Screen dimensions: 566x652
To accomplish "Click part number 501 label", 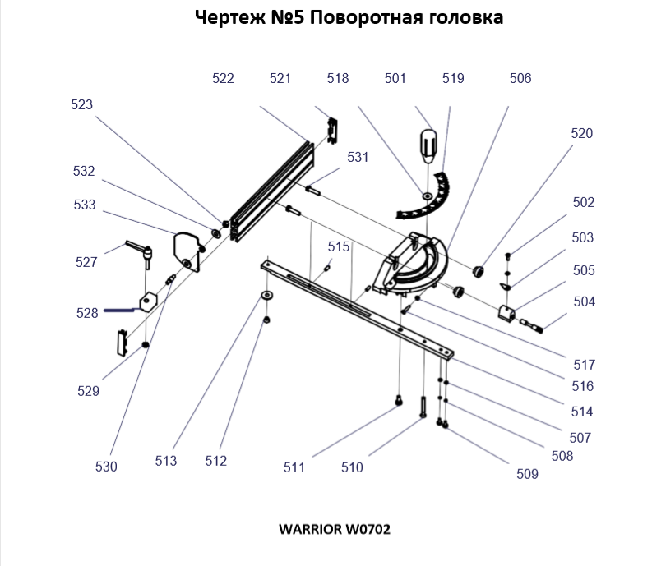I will point(395,79).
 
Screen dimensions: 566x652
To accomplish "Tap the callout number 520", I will point(581,133).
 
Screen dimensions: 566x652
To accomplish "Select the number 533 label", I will point(85,205).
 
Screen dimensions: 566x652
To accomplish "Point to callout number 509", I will point(527,474).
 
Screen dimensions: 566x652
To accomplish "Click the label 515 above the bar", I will point(339,246).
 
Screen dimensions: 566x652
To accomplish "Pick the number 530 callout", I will point(106,467).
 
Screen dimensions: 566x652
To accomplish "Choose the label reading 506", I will point(520,79).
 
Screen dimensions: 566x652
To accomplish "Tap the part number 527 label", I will point(86,263).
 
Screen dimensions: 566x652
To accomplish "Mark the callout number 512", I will point(216,462).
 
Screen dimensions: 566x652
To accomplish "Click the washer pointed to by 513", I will point(268,295).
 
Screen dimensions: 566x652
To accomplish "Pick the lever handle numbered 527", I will point(139,252).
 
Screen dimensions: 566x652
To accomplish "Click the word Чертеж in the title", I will point(227,17).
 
